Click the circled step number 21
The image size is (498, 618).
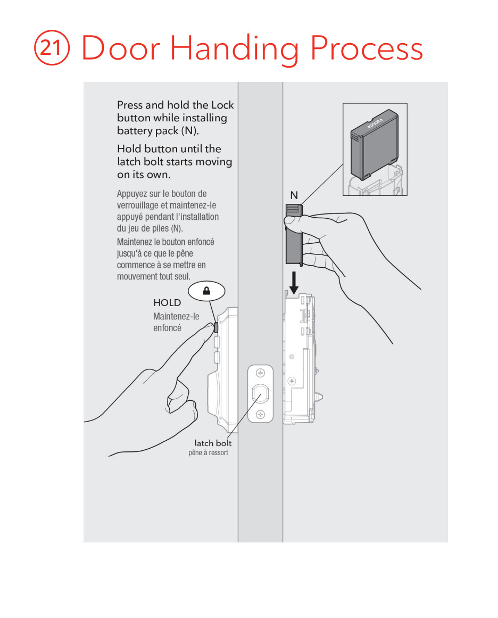point(52,47)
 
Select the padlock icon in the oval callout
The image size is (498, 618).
point(206,291)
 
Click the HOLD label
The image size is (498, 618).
point(167,303)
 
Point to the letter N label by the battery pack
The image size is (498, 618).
point(294,195)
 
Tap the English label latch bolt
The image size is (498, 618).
point(213,443)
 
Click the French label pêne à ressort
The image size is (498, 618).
point(208,452)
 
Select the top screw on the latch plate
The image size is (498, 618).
point(260,373)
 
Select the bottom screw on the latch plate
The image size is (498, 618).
point(260,414)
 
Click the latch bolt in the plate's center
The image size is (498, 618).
point(260,394)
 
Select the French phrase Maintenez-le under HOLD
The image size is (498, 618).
point(176,316)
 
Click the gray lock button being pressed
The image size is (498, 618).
point(216,327)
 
